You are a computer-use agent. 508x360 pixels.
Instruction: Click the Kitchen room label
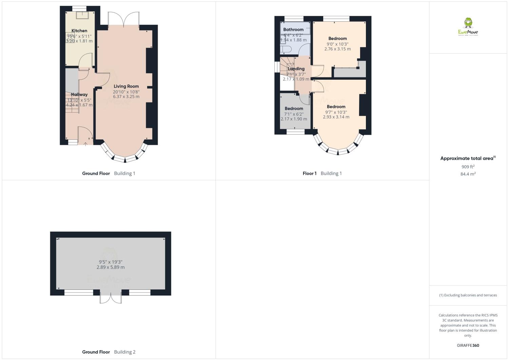click(x=79, y=31)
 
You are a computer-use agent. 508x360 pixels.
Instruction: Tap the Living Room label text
click(x=126, y=86)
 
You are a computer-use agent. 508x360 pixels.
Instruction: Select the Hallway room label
click(x=79, y=94)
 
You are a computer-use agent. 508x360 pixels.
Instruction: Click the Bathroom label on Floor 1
click(x=293, y=30)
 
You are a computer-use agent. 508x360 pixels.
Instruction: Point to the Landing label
click(x=296, y=69)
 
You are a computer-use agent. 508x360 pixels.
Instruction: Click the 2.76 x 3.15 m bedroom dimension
click(x=337, y=49)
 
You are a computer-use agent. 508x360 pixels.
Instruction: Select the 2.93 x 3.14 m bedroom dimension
click(x=336, y=117)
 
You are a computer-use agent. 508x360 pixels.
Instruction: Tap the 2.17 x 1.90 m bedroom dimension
click(x=294, y=119)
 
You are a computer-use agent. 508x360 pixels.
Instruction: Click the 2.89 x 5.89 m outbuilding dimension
click(x=111, y=267)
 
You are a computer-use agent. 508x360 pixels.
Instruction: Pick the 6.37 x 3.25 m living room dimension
click(x=126, y=96)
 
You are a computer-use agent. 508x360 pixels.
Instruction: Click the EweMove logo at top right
click(x=468, y=26)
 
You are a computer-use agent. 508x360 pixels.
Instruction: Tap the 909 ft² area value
click(x=468, y=167)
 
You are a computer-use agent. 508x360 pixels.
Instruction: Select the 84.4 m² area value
click(x=468, y=174)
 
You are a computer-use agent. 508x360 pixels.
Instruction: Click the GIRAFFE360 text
click(x=468, y=345)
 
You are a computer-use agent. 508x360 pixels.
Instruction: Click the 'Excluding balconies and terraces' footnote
click(x=468, y=295)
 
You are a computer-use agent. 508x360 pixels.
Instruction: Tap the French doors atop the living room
click(x=123, y=20)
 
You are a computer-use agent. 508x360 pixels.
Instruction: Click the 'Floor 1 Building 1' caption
click(x=322, y=173)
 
